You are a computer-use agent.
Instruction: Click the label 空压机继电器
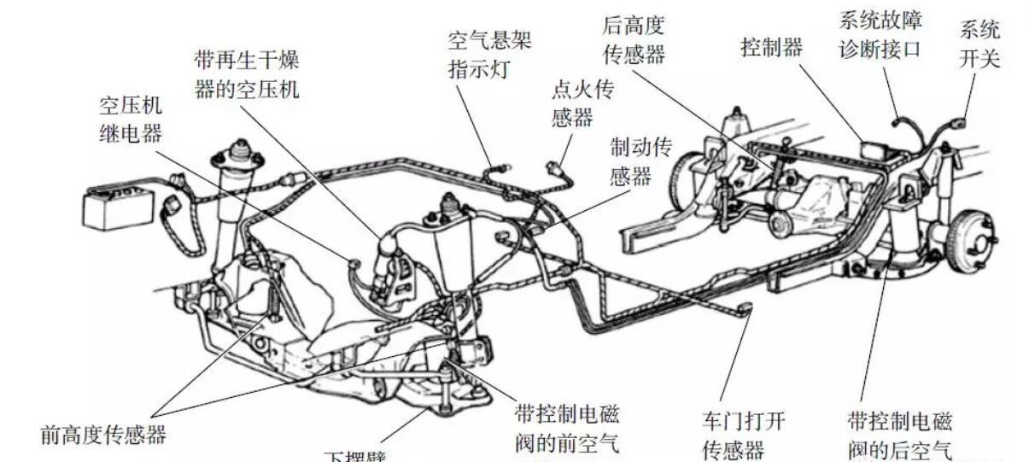(x=131, y=120)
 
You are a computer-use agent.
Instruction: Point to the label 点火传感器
(x=584, y=102)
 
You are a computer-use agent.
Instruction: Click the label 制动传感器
(x=640, y=161)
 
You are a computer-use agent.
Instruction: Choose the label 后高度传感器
(x=633, y=38)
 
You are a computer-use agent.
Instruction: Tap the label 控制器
(x=771, y=48)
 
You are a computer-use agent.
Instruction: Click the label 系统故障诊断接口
(x=880, y=34)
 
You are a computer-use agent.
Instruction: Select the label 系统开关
(x=979, y=44)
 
